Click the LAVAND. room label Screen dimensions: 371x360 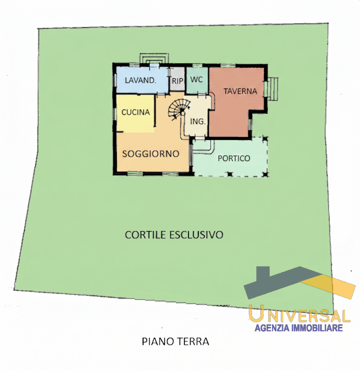(140, 80)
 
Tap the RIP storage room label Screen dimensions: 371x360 (177, 81)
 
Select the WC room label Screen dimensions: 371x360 (196, 79)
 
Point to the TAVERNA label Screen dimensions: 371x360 (240, 91)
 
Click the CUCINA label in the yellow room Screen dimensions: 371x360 (135, 112)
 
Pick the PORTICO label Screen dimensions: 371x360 (234, 158)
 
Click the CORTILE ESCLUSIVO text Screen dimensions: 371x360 (174, 235)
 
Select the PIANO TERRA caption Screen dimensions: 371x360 (175, 342)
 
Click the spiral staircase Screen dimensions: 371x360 (177, 109)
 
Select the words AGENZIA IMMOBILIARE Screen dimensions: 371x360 (299, 328)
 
